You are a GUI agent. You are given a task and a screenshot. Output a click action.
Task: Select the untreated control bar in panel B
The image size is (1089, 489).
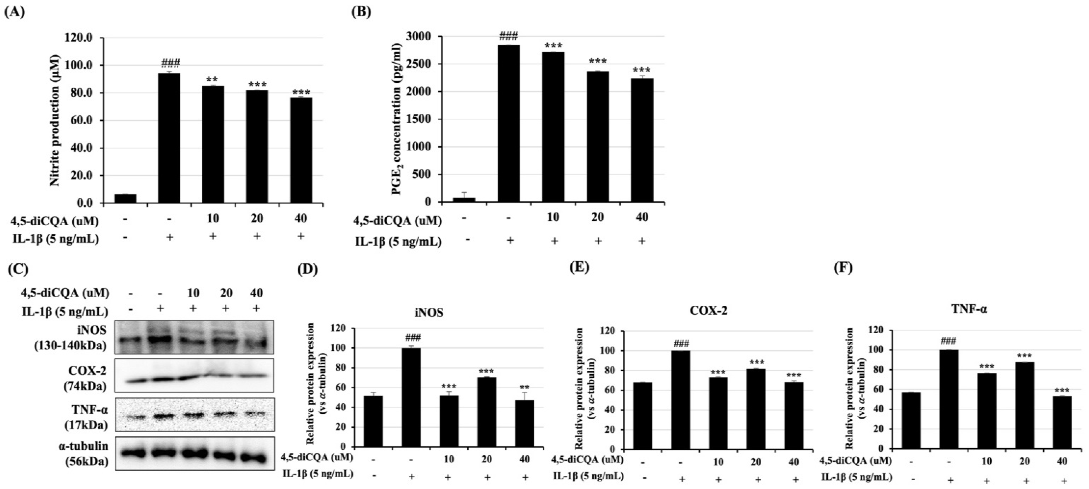coord(464,200)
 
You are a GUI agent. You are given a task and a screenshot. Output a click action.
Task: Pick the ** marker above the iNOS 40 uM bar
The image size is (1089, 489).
coord(525,387)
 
